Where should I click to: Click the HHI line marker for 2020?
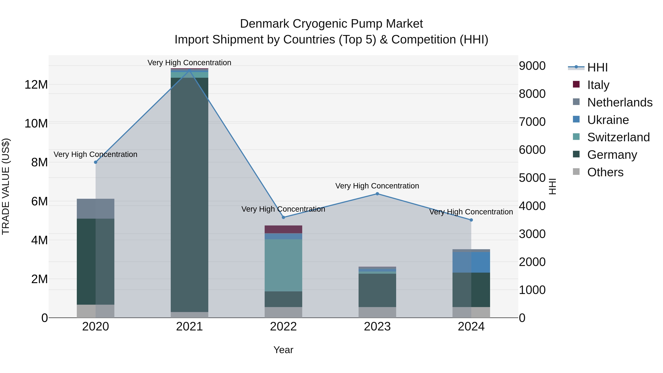click(x=95, y=162)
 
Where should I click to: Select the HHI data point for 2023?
click(x=377, y=194)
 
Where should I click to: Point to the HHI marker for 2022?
click(x=283, y=217)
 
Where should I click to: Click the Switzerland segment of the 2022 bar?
click(x=283, y=265)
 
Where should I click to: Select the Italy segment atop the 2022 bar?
click(x=283, y=229)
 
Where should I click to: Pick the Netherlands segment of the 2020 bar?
click(x=95, y=209)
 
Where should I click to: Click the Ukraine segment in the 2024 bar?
click(x=471, y=262)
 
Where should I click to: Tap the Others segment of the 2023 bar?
click(x=377, y=312)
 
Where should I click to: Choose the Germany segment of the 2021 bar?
click(x=190, y=193)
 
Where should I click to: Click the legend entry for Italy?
click(x=598, y=85)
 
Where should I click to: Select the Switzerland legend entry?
click(x=618, y=137)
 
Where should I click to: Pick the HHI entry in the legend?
click(x=597, y=67)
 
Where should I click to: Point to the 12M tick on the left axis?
click(x=36, y=85)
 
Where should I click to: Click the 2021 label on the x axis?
click(x=190, y=327)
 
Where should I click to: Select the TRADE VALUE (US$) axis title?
click(x=6, y=186)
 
